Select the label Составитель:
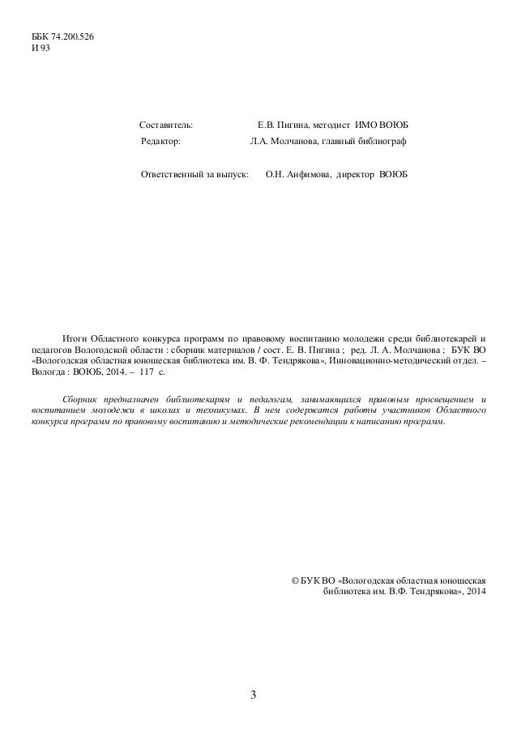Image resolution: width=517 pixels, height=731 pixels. [x=166, y=126]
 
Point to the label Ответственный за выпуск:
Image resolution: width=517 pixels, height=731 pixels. [x=194, y=175]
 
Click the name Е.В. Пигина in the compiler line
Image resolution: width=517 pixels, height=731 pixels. [x=282, y=126]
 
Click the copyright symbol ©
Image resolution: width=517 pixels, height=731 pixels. [x=294, y=580]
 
